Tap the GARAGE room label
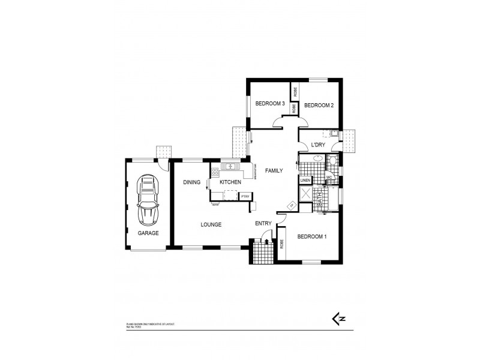148,233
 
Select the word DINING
192,182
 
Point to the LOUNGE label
211,224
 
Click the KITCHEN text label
230,182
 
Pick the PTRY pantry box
245,196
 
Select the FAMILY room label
274,170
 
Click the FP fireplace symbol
292,206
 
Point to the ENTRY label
264,224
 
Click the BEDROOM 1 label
311,236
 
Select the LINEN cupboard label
305,180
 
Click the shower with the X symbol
306,194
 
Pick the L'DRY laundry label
318,145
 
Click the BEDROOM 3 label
270,104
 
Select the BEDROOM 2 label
319,105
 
